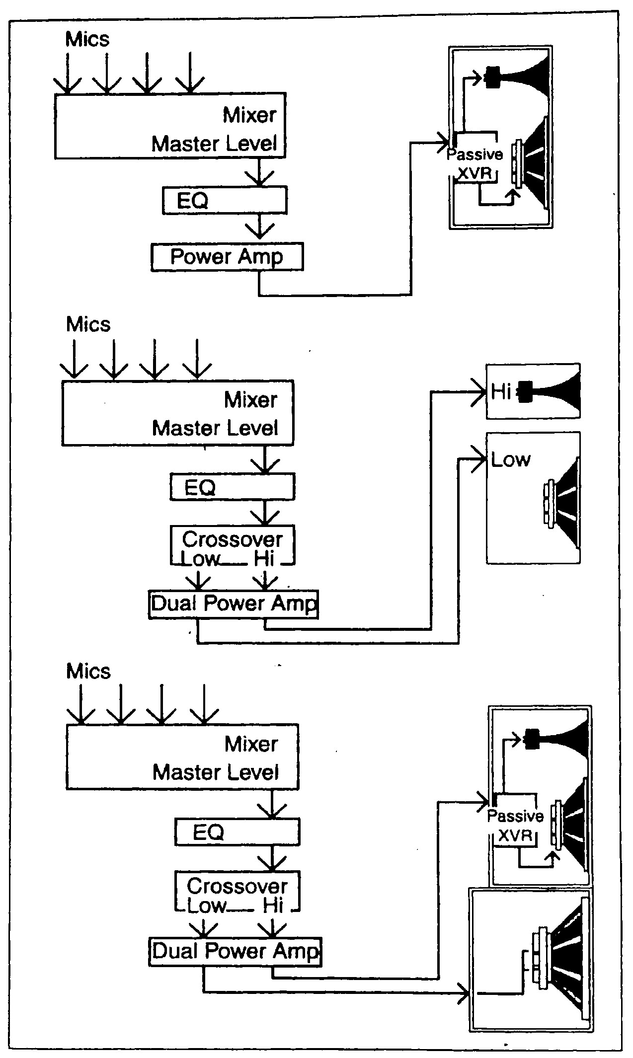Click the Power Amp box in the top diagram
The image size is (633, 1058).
point(227,257)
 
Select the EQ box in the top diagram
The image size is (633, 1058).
point(225,200)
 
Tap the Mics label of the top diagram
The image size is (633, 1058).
point(87,39)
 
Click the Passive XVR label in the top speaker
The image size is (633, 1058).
point(475,164)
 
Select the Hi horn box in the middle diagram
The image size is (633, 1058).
point(533,391)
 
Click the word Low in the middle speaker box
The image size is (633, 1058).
point(510,459)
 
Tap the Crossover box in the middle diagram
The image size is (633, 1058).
point(233,545)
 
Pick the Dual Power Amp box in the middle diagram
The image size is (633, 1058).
point(234,604)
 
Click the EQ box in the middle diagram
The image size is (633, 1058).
point(233,487)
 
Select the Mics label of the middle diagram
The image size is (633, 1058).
point(88,324)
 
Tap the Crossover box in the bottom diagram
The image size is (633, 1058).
point(237,892)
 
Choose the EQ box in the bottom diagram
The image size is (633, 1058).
point(237,832)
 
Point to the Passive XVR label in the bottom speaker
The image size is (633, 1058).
point(515,826)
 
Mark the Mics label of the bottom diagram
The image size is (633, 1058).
point(88,671)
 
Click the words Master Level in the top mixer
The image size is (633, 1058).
point(214,144)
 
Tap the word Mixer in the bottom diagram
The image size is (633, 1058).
point(251,744)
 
